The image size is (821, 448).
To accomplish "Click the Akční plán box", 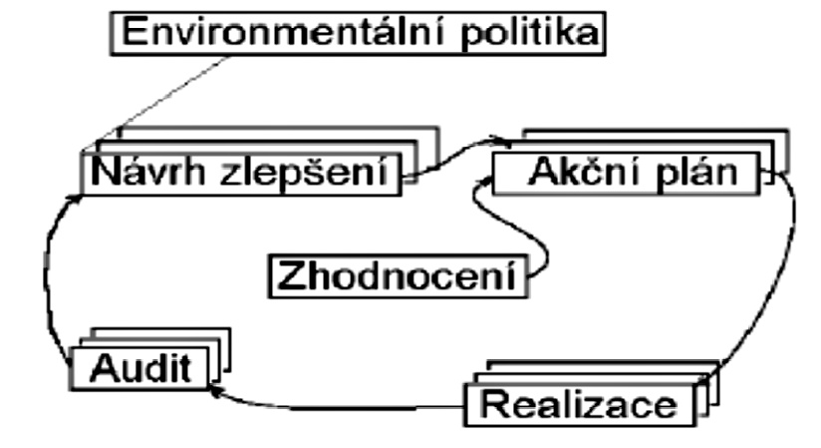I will click(x=631, y=174).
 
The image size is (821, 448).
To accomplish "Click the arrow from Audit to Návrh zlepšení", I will click(x=48, y=269).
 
